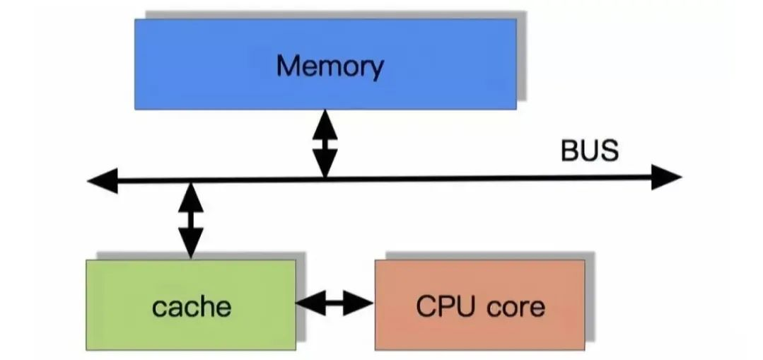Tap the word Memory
[x=330, y=66]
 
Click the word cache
[x=191, y=306]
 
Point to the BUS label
[x=589, y=151]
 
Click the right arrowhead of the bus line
[x=669, y=177]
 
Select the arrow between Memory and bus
[x=325, y=144]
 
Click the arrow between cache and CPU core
[x=334, y=303]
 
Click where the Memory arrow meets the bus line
[x=325, y=179]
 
